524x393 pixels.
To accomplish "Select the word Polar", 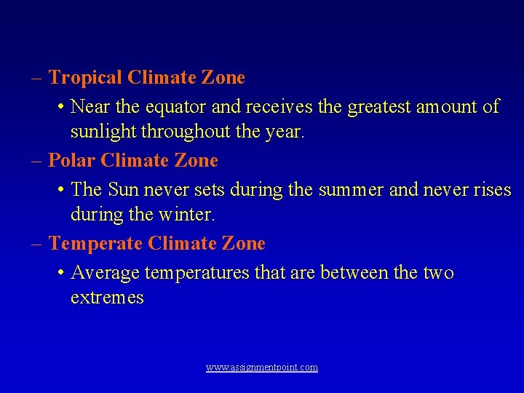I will (72, 160).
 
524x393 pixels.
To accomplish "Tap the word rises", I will (491, 190).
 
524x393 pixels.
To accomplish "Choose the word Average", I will (106, 273).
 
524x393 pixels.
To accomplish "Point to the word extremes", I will (107, 298).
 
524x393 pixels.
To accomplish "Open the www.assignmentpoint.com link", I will (262, 368).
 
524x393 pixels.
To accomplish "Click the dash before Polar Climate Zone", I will (37, 160).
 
